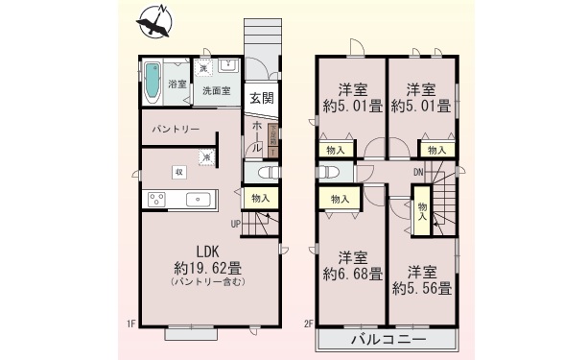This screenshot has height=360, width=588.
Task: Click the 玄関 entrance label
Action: click(x=261, y=97)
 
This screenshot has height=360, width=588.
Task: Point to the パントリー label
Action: click(x=176, y=129)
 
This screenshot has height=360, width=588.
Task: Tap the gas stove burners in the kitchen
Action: click(x=156, y=200)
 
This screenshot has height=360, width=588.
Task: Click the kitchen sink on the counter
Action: click(x=200, y=200)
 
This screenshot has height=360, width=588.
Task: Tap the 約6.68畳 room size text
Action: click(x=352, y=275)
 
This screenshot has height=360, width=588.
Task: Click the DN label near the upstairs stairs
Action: click(x=419, y=173)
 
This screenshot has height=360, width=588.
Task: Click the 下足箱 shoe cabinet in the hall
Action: click(x=272, y=140)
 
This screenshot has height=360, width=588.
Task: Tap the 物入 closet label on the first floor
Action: click(x=260, y=198)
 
